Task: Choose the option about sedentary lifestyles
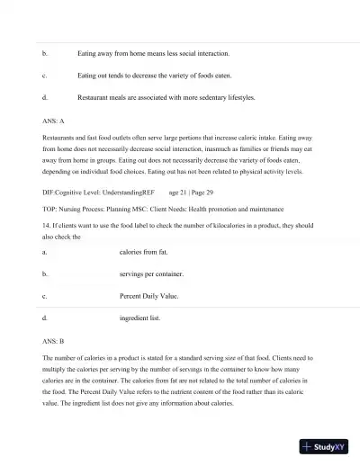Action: click(166, 97)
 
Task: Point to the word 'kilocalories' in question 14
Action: click(232, 226)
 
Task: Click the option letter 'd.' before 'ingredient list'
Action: click(44, 318)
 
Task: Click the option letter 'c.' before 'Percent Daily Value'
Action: click(44, 295)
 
